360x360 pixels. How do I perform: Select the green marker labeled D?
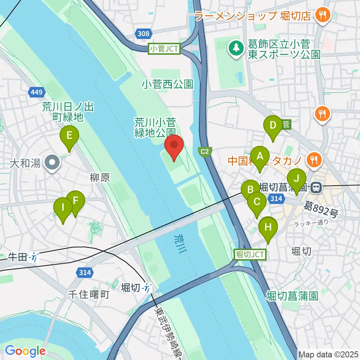273,126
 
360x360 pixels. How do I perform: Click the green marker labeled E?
69,136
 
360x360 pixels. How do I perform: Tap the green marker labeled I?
63,208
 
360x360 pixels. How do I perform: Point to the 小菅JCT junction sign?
165,48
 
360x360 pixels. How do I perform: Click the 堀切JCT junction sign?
250,254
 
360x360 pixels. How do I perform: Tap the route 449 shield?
37,92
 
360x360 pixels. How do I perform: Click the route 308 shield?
144,34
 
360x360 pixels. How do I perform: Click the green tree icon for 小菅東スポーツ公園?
236,48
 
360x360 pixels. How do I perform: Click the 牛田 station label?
18,257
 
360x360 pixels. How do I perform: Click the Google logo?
25,351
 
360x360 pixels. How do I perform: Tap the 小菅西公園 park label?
168,84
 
